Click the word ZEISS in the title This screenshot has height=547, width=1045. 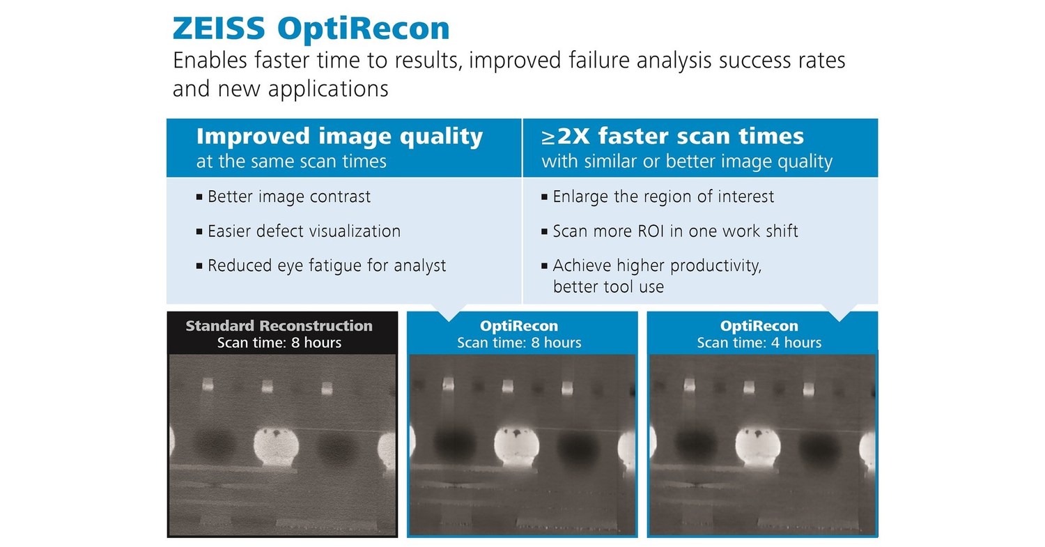pyautogui.click(x=219, y=29)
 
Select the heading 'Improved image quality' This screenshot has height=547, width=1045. pyautogui.click(x=339, y=137)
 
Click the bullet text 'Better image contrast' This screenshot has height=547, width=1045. pyautogui.click(x=289, y=197)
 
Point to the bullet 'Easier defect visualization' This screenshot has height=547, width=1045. pyautogui.click(x=304, y=231)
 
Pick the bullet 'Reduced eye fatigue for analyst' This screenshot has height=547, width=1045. pyautogui.click(x=327, y=265)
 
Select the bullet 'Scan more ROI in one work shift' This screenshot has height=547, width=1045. pyautogui.click(x=675, y=231)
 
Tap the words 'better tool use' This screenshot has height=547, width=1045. pyautogui.click(x=608, y=286)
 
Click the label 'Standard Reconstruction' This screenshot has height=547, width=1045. pyautogui.click(x=279, y=326)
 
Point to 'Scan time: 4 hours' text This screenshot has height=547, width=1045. pyautogui.click(x=759, y=343)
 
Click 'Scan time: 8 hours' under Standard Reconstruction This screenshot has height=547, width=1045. pyautogui.click(x=279, y=343)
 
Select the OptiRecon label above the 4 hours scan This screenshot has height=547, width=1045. pyautogui.click(x=759, y=326)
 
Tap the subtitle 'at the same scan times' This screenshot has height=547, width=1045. pyautogui.click(x=291, y=162)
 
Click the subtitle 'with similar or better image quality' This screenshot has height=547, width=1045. pyautogui.click(x=687, y=162)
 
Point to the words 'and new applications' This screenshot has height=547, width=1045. pyautogui.click(x=280, y=89)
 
